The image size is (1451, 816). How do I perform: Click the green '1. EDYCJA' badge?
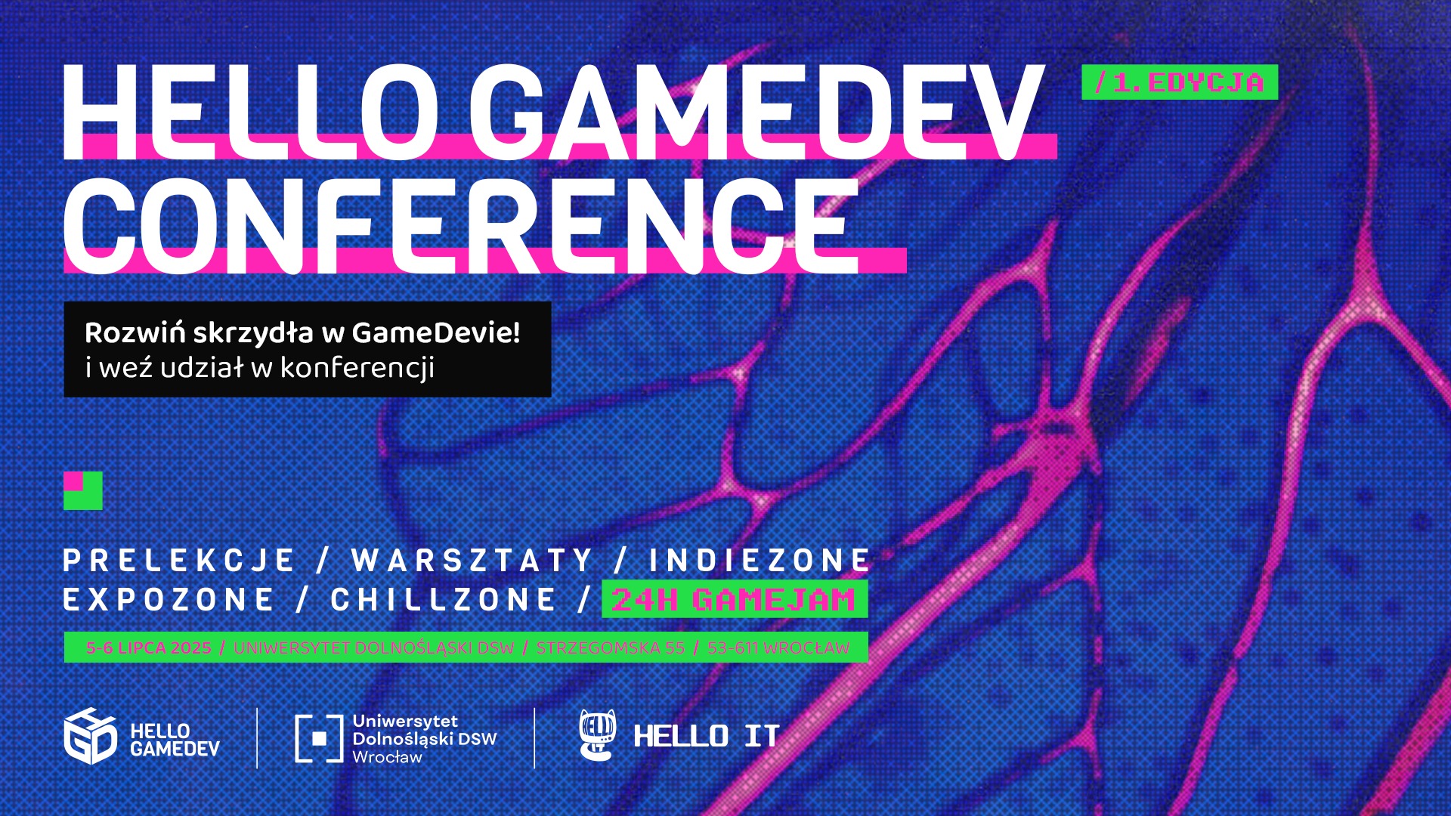coord(1180,82)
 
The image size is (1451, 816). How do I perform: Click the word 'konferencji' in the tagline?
coord(357,368)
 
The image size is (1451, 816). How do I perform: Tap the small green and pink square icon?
coord(83,490)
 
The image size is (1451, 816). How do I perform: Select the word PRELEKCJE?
coord(178,561)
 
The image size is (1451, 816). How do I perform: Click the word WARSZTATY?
coord(472,561)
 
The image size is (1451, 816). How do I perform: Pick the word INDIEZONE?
coord(760,561)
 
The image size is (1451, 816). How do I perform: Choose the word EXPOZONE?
coord(169,600)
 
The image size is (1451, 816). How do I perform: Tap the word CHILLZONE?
coord(444,600)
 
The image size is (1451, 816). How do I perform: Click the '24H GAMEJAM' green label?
coord(735,599)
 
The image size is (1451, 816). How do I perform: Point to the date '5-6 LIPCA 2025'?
coord(149,648)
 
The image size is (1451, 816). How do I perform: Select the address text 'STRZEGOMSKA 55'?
coord(611,648)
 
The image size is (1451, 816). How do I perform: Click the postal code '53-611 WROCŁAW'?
coord(778,648)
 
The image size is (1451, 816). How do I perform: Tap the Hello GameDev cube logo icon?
coord(90,737)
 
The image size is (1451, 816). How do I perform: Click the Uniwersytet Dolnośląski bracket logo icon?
coord(319,738)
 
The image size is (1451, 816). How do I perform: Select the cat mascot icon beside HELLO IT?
coord(598,734)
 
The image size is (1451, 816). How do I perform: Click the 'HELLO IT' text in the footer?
coord(707,736)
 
